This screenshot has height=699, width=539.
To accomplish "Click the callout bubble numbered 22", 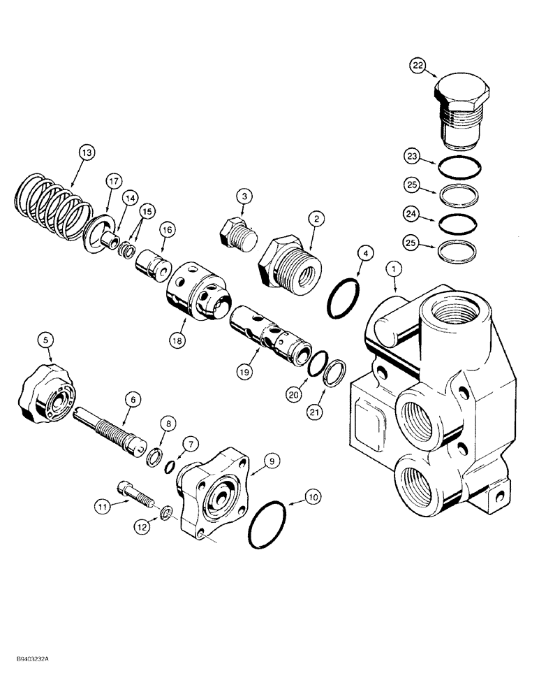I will pyautogui.click(x=418, y=66).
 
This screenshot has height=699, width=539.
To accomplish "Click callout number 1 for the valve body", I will pyautogui.click(x=394, y=266).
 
